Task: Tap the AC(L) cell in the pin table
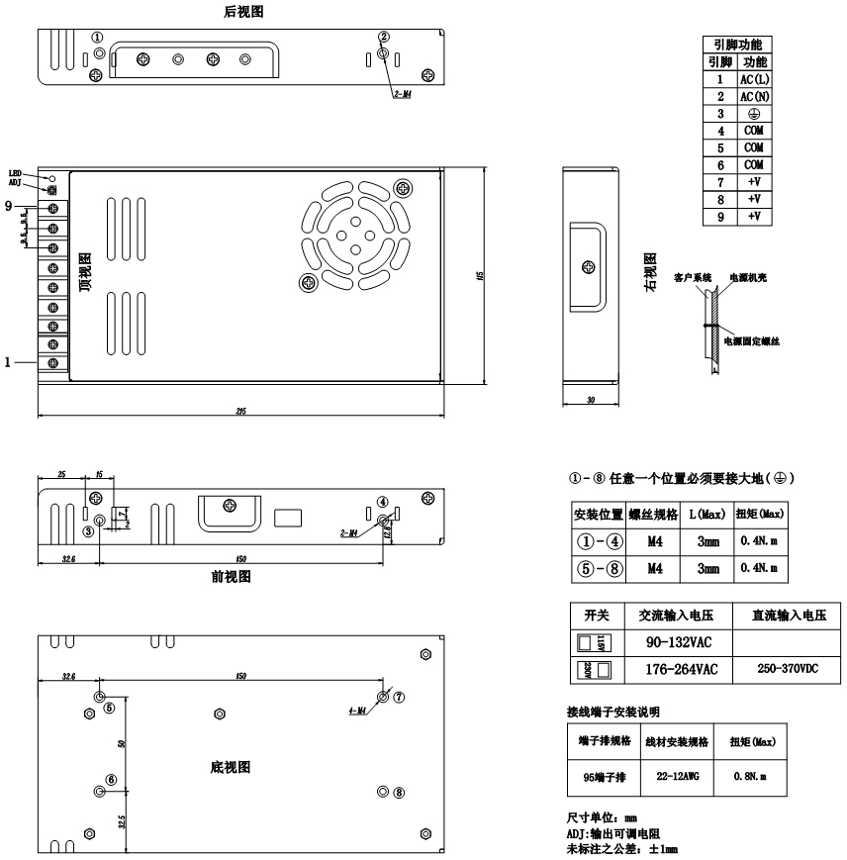[x=754, y=79]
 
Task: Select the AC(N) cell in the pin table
[x=754, y=96]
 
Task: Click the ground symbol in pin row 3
[x=754, y=113]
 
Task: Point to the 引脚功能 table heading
[x=737, y=45]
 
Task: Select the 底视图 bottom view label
[x=231, y=767]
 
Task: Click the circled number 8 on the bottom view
[x=399, y=792]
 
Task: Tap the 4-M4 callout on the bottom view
[x=357, y=711]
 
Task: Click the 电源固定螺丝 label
[x=752, y=341]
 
